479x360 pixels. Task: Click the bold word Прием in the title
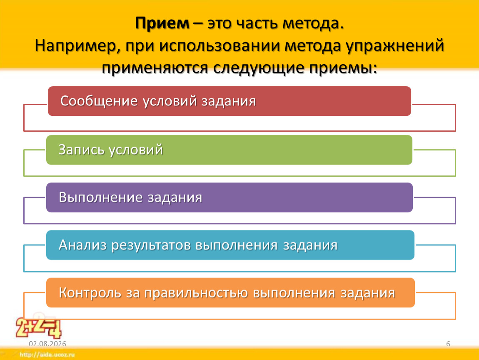(162, 23)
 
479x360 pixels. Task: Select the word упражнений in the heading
(395, 46)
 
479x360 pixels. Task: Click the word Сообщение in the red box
(99, 102)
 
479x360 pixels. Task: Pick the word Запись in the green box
(81, 150)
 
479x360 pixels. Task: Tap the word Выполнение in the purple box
(100, 197)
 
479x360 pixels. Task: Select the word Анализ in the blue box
(82, 245)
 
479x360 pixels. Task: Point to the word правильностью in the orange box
(196, 293)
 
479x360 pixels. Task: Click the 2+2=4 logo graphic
(39, 327)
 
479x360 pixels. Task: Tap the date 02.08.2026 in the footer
(47, 344)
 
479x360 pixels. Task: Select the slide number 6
(448, 344)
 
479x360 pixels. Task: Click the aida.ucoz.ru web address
(47, 355)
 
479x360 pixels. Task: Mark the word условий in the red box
(170, 102)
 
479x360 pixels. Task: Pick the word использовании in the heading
(220, 46)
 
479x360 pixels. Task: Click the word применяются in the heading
(155, 68)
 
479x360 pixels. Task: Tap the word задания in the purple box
(175, 198)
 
